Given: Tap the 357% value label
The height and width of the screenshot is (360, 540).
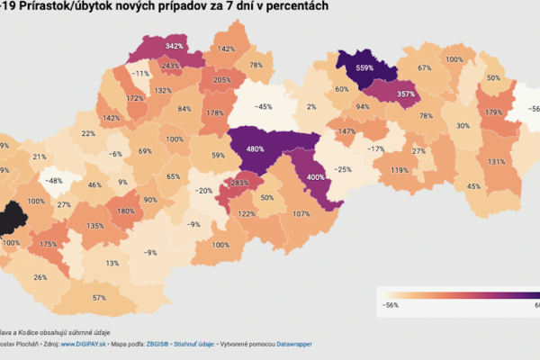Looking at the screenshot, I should (x=406, y=94).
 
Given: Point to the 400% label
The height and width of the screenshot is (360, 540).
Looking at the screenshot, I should (x=316, y=177).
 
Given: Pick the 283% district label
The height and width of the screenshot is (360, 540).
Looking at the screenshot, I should (x=240, y=184).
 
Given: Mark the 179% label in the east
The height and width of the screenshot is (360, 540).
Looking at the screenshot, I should (x=492, y=112).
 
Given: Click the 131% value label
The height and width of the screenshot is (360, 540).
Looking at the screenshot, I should (x=496, y=162).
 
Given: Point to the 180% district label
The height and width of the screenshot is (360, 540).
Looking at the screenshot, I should (x=126, y=211).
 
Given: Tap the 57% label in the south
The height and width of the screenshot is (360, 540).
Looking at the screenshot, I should (x=99, y=297).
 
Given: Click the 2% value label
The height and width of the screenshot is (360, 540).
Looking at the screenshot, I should (x=311, y=107).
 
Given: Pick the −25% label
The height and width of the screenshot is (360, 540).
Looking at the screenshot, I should (x=342, y=169).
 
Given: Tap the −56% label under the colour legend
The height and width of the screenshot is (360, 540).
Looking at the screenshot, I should (x=391, y=305).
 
